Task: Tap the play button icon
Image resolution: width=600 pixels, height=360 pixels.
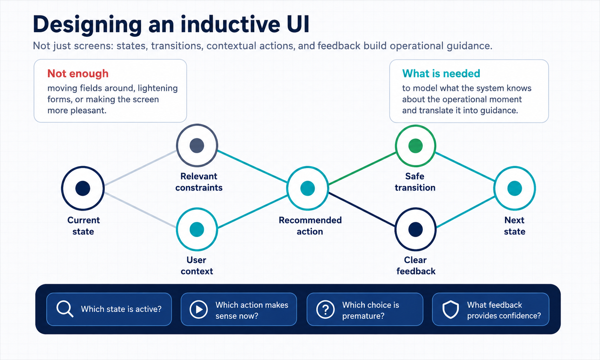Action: pos(199,309)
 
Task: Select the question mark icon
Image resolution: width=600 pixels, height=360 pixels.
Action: pos(325,309)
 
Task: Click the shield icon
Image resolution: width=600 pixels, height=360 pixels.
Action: pos(451,309)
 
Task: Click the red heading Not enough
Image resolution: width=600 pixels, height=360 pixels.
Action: pos(78,73)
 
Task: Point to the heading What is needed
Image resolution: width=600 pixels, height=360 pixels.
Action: pos(441,73)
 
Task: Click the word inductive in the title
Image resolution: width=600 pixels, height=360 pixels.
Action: pos(230,24)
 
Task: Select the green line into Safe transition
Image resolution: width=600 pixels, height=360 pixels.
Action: pos(362,168)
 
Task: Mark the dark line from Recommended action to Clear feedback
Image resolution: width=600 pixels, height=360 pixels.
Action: pos(362,209)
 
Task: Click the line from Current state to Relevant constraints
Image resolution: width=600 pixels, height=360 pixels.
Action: pos(140,168)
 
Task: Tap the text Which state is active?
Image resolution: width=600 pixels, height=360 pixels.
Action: pos(121,309)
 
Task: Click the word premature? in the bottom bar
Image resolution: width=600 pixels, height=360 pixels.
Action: pos(363,316)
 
